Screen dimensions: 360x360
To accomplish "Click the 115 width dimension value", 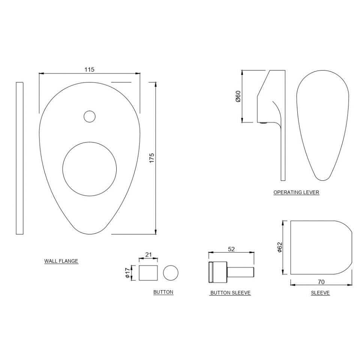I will [x=89, y=69].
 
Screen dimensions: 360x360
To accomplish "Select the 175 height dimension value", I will [x=151, y=157].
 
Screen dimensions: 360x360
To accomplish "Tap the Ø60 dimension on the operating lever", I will [x=238, y=96].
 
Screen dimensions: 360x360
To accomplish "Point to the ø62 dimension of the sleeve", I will [x=279, y=247].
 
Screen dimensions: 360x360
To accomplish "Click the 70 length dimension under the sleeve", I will [x=321, y=282].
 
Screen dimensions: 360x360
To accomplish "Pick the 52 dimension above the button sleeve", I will [x=231, y=249].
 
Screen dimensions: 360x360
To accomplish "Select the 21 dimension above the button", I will [x=148, y=255].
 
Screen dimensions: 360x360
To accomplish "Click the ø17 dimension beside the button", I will [x=128, y=273].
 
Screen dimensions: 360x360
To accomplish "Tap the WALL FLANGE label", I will [x=61, y=261].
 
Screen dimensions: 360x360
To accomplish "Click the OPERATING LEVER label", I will [x=296, y=192].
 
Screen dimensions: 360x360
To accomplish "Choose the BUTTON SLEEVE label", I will [x=230, y=292].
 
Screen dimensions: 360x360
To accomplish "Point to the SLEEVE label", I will [x=320, y=292].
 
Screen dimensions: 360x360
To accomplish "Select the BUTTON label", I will [x=163, y=292].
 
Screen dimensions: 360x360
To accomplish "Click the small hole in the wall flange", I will [x=89, y=117].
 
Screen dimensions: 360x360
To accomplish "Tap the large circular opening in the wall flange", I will [x=90, y=169].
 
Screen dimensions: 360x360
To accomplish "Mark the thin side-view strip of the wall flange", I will [x=19, y=158].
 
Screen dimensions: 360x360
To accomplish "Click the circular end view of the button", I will [x=171, y=273].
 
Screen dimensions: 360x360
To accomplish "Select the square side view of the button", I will [x=148, y=273].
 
